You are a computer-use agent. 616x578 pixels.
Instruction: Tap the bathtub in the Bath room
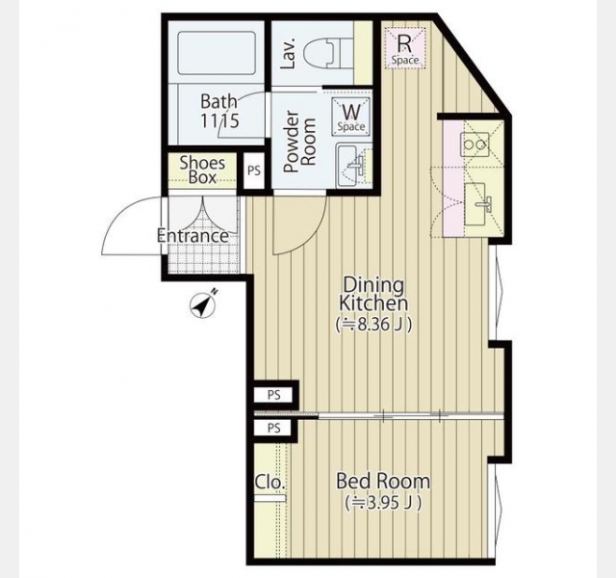(x=217, y=53)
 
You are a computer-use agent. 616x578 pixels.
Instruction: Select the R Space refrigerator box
(x=404, y=48)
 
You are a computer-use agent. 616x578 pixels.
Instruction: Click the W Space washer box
(x=351, y=117)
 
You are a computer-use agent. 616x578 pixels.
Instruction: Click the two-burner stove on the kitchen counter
(x=475, y=144)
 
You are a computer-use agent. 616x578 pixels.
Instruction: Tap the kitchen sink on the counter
(x=477, y=203)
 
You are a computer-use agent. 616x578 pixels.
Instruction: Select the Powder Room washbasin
(x=350, y=165)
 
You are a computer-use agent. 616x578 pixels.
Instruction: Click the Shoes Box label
(x=202, y=170)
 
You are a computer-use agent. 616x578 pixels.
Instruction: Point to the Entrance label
(x=192, y=236)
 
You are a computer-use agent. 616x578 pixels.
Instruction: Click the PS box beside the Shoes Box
(x=254, y=171)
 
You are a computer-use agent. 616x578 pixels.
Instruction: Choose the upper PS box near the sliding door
(x=273, y=395)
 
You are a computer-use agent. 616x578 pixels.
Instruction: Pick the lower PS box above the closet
(x=273, y=428)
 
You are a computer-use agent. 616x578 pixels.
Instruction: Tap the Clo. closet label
(x=269, y=482)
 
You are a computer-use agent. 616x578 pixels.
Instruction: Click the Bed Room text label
(x=383, y=482)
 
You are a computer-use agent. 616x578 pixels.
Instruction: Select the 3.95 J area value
(x=383, y=502)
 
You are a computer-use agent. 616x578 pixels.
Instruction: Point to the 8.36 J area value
(x=373, y=325)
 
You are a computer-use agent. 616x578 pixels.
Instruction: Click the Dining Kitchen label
(x=373, y=294)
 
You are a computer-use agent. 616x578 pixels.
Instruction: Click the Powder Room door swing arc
(x=310, y=237)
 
